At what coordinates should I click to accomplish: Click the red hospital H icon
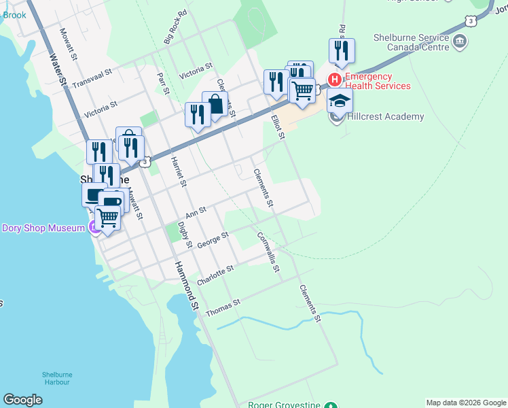(334, 80)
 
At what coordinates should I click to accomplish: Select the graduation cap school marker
(340, 102)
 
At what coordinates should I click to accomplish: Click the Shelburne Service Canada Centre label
(411, 43)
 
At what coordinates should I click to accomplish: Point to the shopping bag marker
(215, 105)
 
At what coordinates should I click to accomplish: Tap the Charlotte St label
(215, 275)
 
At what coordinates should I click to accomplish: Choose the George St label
(213, 239)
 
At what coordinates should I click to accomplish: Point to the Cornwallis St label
(268, 252)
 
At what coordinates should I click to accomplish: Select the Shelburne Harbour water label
(56, 378)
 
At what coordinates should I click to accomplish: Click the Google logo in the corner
(22, 400)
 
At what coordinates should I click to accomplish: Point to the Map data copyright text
(466, 403)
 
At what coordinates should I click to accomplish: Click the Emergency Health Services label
(378, 81)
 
